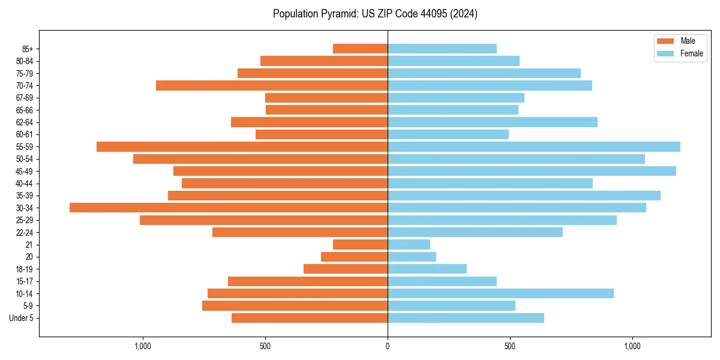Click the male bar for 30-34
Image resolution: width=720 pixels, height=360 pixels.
point(229,208)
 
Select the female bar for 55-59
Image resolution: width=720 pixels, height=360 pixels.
point(534,147)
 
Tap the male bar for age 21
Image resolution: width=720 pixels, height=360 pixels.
point(360,245)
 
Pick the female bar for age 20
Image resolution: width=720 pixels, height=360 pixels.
point(412,257)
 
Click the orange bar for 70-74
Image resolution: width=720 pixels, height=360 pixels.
point(272,86)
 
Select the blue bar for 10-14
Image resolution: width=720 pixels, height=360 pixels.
point(500,293)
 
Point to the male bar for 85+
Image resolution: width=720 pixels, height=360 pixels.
point(360,49)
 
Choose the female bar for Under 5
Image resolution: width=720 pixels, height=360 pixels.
point(466,318)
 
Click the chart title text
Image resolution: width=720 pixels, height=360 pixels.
point(375,14)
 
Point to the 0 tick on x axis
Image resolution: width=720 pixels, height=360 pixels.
point(388,346)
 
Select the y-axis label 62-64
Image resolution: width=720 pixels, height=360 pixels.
point(25,122)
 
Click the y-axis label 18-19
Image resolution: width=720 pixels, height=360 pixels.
point(25,269)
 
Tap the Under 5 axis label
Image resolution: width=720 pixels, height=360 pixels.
point(22,318)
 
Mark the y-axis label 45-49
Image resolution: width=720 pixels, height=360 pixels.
point(25,171)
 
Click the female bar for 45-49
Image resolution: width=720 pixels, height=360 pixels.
point(532,171)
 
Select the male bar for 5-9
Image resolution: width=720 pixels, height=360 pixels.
point(295,306)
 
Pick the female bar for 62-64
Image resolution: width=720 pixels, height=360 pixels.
point(493,122)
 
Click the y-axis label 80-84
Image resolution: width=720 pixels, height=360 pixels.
point(25,61)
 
